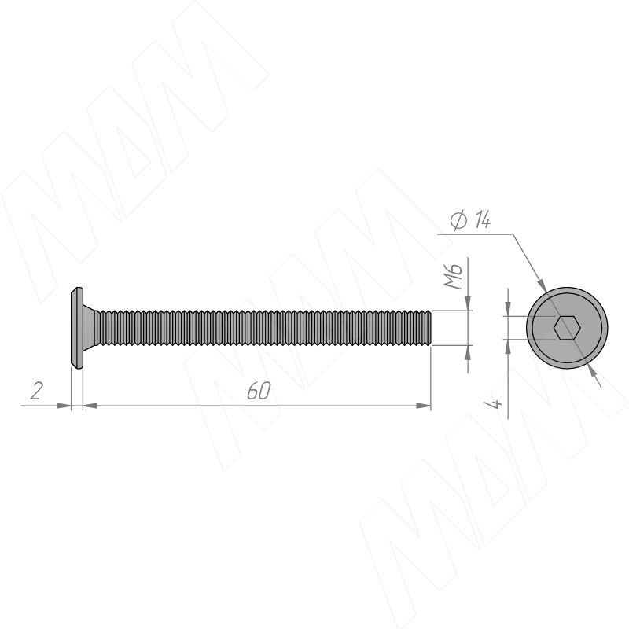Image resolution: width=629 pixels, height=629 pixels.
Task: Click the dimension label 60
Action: tap(259, 390)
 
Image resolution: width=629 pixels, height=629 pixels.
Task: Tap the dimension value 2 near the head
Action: tap(36, 391)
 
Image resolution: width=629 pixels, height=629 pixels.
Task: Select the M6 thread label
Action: tap(454, 277)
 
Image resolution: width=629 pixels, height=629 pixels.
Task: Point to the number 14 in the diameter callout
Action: tap(482, 219)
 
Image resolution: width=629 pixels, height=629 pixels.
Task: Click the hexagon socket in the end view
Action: tap(567, 327)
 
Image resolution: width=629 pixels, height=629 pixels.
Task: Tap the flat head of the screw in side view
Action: tap(77, 327)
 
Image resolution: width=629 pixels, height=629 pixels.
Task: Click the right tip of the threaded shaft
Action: tap(431, 327)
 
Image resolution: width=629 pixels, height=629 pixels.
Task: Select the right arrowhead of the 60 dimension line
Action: tap(424, 406)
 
